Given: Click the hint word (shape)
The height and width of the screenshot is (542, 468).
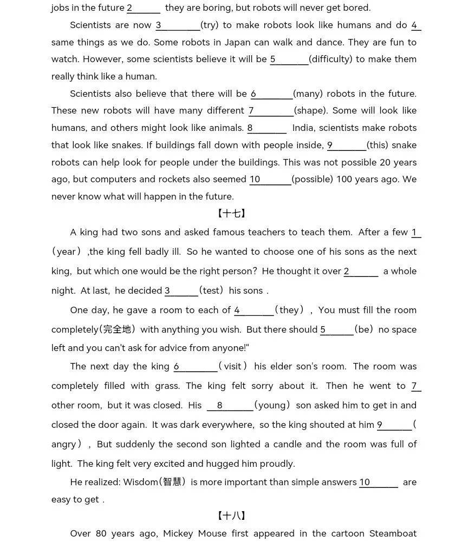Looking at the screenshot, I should click(x=311, y=110).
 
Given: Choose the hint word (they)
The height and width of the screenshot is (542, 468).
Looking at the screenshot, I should click(x=289, y=310).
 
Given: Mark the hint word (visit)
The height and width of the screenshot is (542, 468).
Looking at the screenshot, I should click(x=233, y=366).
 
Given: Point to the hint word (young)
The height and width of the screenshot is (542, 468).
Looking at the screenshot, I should click(x=273, y=405).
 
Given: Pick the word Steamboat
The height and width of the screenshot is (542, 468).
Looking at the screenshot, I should click(x=393, y=533).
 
